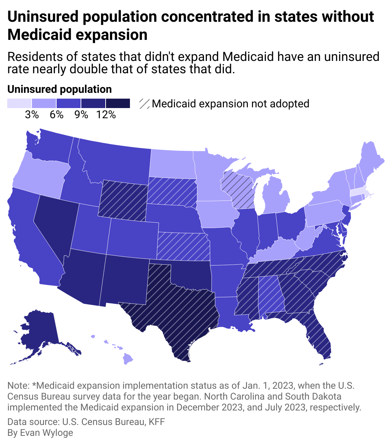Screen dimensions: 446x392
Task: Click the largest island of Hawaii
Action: [128, 359]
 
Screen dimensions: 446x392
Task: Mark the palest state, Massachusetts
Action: [359, 192]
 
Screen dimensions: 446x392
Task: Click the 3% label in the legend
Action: [32, 115]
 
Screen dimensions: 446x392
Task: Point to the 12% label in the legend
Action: [106, 115]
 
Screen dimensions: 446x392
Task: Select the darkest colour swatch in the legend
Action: [118, 103]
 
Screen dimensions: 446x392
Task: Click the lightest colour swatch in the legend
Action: [19, 103]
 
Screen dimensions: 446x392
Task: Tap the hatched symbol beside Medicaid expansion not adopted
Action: [144, 104]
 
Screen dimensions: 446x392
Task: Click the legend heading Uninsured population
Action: [60, 89]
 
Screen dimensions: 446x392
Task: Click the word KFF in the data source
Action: [157, 422]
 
